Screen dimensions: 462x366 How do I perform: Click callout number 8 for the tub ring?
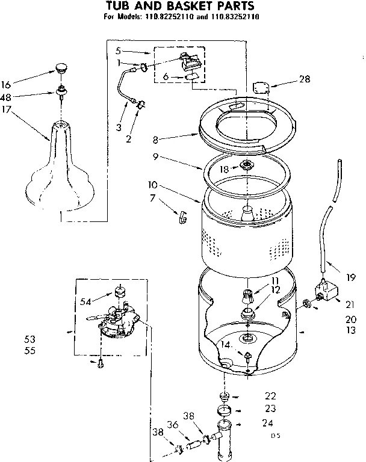coord(155,140)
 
